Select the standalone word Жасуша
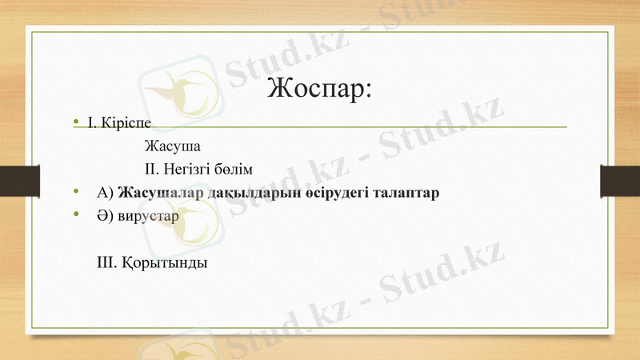coord(172,147)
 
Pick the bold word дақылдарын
coord(243,193)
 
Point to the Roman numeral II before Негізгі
coord(152,170)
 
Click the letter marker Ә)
coord(105,215)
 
